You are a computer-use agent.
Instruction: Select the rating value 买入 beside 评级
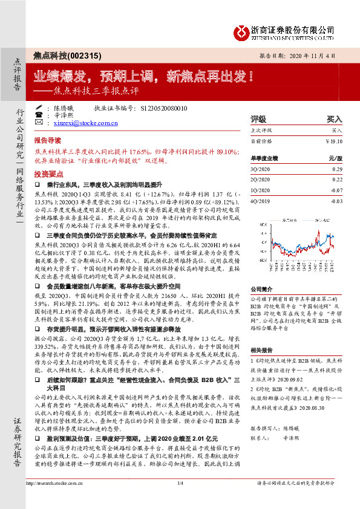click(335, 119)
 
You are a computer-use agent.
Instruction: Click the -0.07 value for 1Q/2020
click(335, 190)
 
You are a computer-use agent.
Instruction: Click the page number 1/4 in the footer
click(180, 499)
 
